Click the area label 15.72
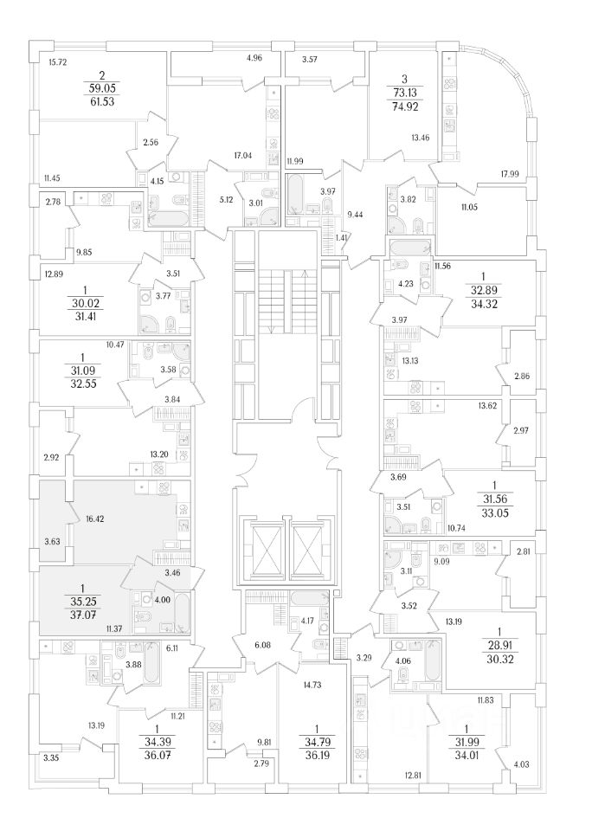58,62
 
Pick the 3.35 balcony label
54,757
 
